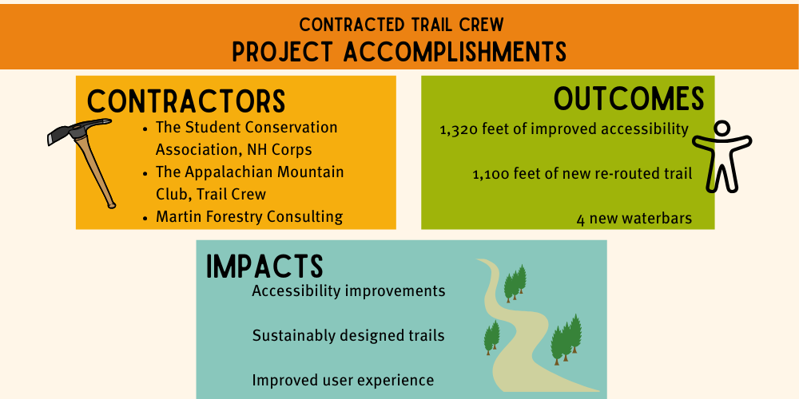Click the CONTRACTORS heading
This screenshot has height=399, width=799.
185,101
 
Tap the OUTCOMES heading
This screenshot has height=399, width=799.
629,98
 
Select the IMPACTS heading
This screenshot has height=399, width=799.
264,267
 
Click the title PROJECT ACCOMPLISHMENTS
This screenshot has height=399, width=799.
399,51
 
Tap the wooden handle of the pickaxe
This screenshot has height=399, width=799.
97,171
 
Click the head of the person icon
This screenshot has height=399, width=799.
721,128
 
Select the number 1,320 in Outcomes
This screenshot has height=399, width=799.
458,129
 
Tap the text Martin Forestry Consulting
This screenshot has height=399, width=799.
249,216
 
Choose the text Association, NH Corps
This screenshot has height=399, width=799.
234,149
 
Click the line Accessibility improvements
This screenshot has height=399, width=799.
348,290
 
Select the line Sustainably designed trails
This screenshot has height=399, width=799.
348,335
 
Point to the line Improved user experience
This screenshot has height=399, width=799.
343,380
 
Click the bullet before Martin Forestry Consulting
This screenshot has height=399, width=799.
144,217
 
